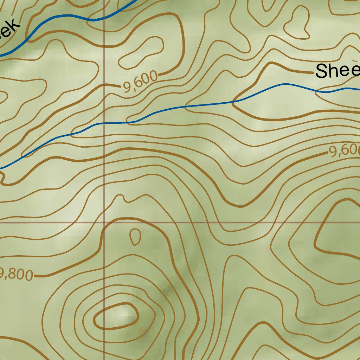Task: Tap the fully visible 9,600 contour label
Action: [x=140, y=83]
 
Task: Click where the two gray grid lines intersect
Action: [x=104, y=222]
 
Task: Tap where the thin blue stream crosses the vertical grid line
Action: [x=104, y=123]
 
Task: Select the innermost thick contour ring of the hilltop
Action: [x=116, y=316]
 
